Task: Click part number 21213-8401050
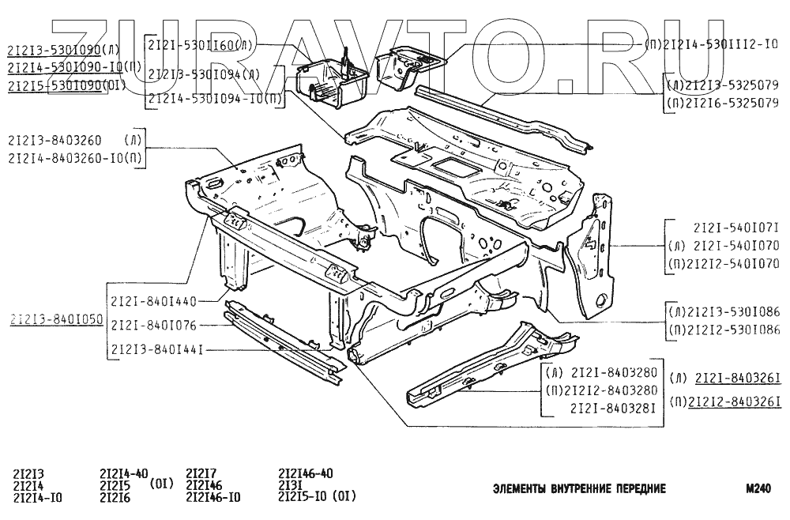pos(56,320)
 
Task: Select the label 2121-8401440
pos(152,301)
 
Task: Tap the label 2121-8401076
pos(152,324)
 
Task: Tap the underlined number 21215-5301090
pos(56,85)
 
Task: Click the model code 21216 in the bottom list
pos(115,497)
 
